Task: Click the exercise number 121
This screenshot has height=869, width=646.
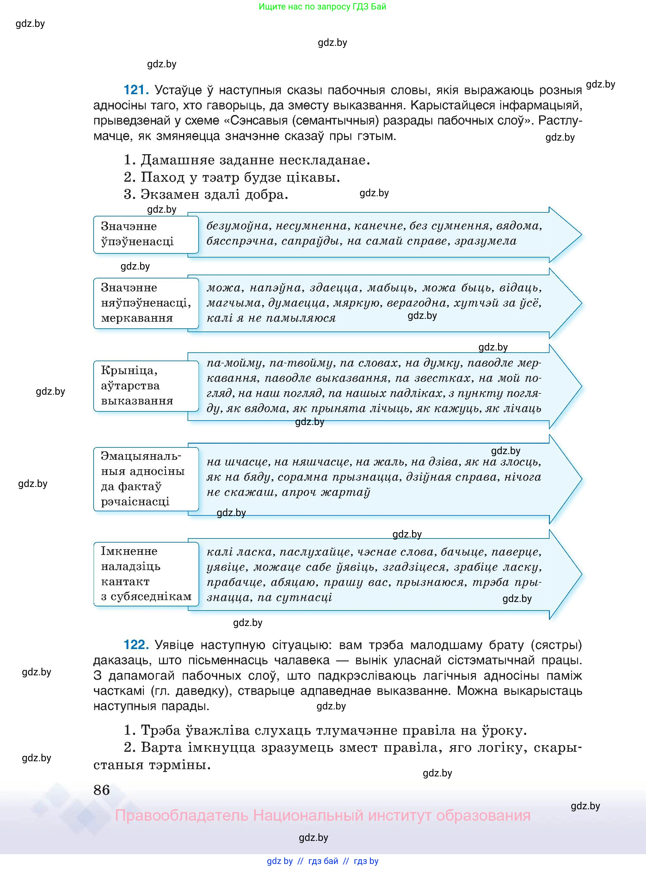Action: click(x=136, y=90)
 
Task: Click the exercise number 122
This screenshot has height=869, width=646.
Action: click(x=136, y=644)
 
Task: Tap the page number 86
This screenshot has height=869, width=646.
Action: click(x=102, y=790)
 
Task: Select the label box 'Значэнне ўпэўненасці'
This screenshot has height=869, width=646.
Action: click(x=146, y=234)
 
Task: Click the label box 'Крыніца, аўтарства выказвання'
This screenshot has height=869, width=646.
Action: click(x=146, y=386)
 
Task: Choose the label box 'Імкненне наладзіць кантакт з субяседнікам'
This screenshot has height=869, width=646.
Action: click(x=146, y=574)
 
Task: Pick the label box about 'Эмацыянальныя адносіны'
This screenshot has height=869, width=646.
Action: click(x=146, y=479)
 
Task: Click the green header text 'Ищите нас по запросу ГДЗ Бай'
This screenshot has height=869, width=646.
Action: click(x=322, y=7)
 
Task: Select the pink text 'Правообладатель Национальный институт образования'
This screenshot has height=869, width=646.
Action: click(x=323, y=816)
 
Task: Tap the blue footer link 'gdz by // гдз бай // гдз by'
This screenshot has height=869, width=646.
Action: click(x=323, y=861)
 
